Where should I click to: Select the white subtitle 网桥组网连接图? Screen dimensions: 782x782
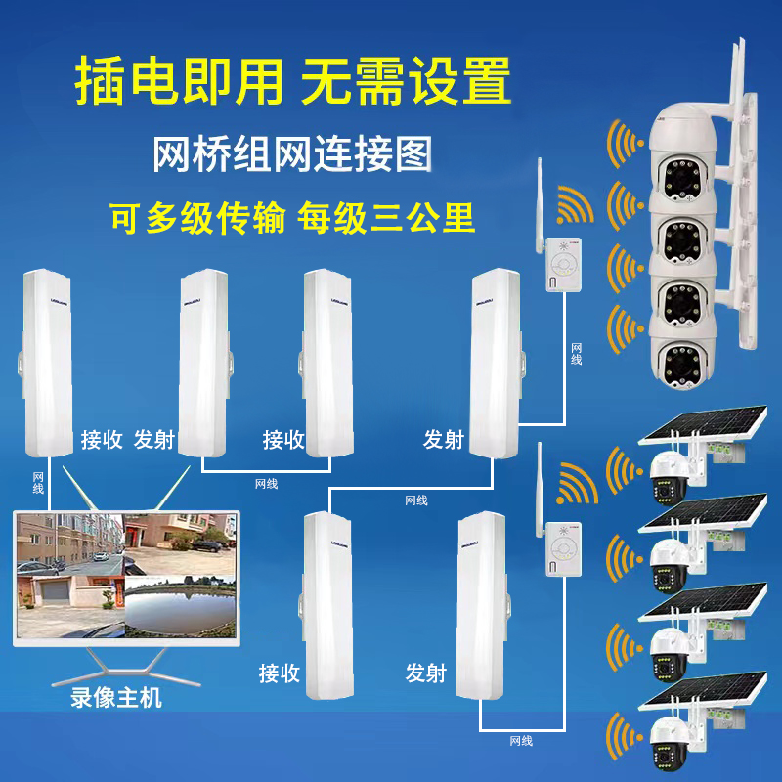[x=292, y=153]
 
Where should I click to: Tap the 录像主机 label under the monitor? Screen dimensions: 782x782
[x=117, y=699]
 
